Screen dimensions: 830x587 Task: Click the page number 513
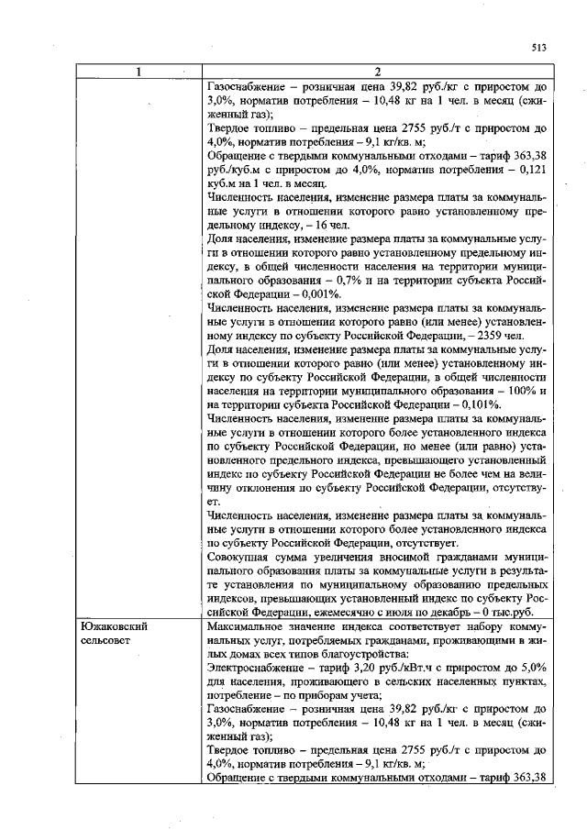pos(538,49)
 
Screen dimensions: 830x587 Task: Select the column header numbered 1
pos(135,73)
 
